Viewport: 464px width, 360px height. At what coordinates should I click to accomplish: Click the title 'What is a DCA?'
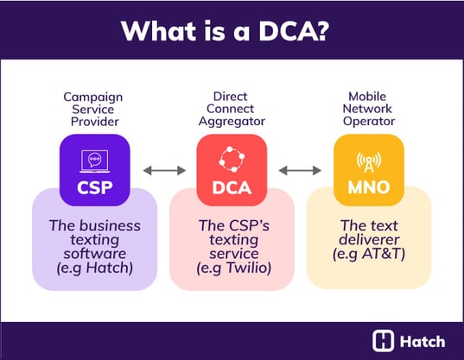tap(232, 30)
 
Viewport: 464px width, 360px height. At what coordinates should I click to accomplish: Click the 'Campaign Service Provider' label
tap(94, 111)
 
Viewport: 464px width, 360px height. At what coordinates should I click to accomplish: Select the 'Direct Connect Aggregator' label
tap(232, 111)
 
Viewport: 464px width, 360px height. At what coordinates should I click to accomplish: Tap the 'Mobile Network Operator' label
tap(368, 111)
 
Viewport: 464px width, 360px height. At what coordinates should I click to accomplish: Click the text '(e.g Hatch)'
tap(94, 268)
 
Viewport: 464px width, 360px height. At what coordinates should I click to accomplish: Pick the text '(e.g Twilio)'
tap(232, 268)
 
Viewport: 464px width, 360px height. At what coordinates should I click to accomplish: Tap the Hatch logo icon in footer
tap(383, 339)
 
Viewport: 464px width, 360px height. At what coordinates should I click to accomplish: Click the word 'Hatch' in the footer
tap(421, 339)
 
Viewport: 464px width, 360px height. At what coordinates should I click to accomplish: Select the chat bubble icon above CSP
tap(94, 159)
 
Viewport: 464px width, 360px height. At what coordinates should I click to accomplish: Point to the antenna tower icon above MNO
tap(368, 159)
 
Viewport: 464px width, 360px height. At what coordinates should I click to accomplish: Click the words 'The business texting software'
tap(94, 238)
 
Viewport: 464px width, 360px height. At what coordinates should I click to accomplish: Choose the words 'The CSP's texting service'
tap(232, 238)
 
